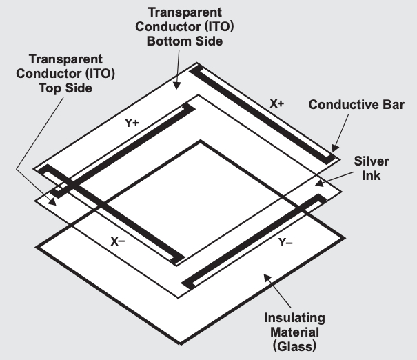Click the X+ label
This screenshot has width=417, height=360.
tap(277, 104)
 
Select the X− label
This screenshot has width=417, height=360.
tap(117, 241)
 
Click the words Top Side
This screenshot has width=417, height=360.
tap(66, 89)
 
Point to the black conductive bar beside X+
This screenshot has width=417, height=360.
tap(265, 114)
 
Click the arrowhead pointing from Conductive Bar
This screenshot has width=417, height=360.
tap(335, 148)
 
